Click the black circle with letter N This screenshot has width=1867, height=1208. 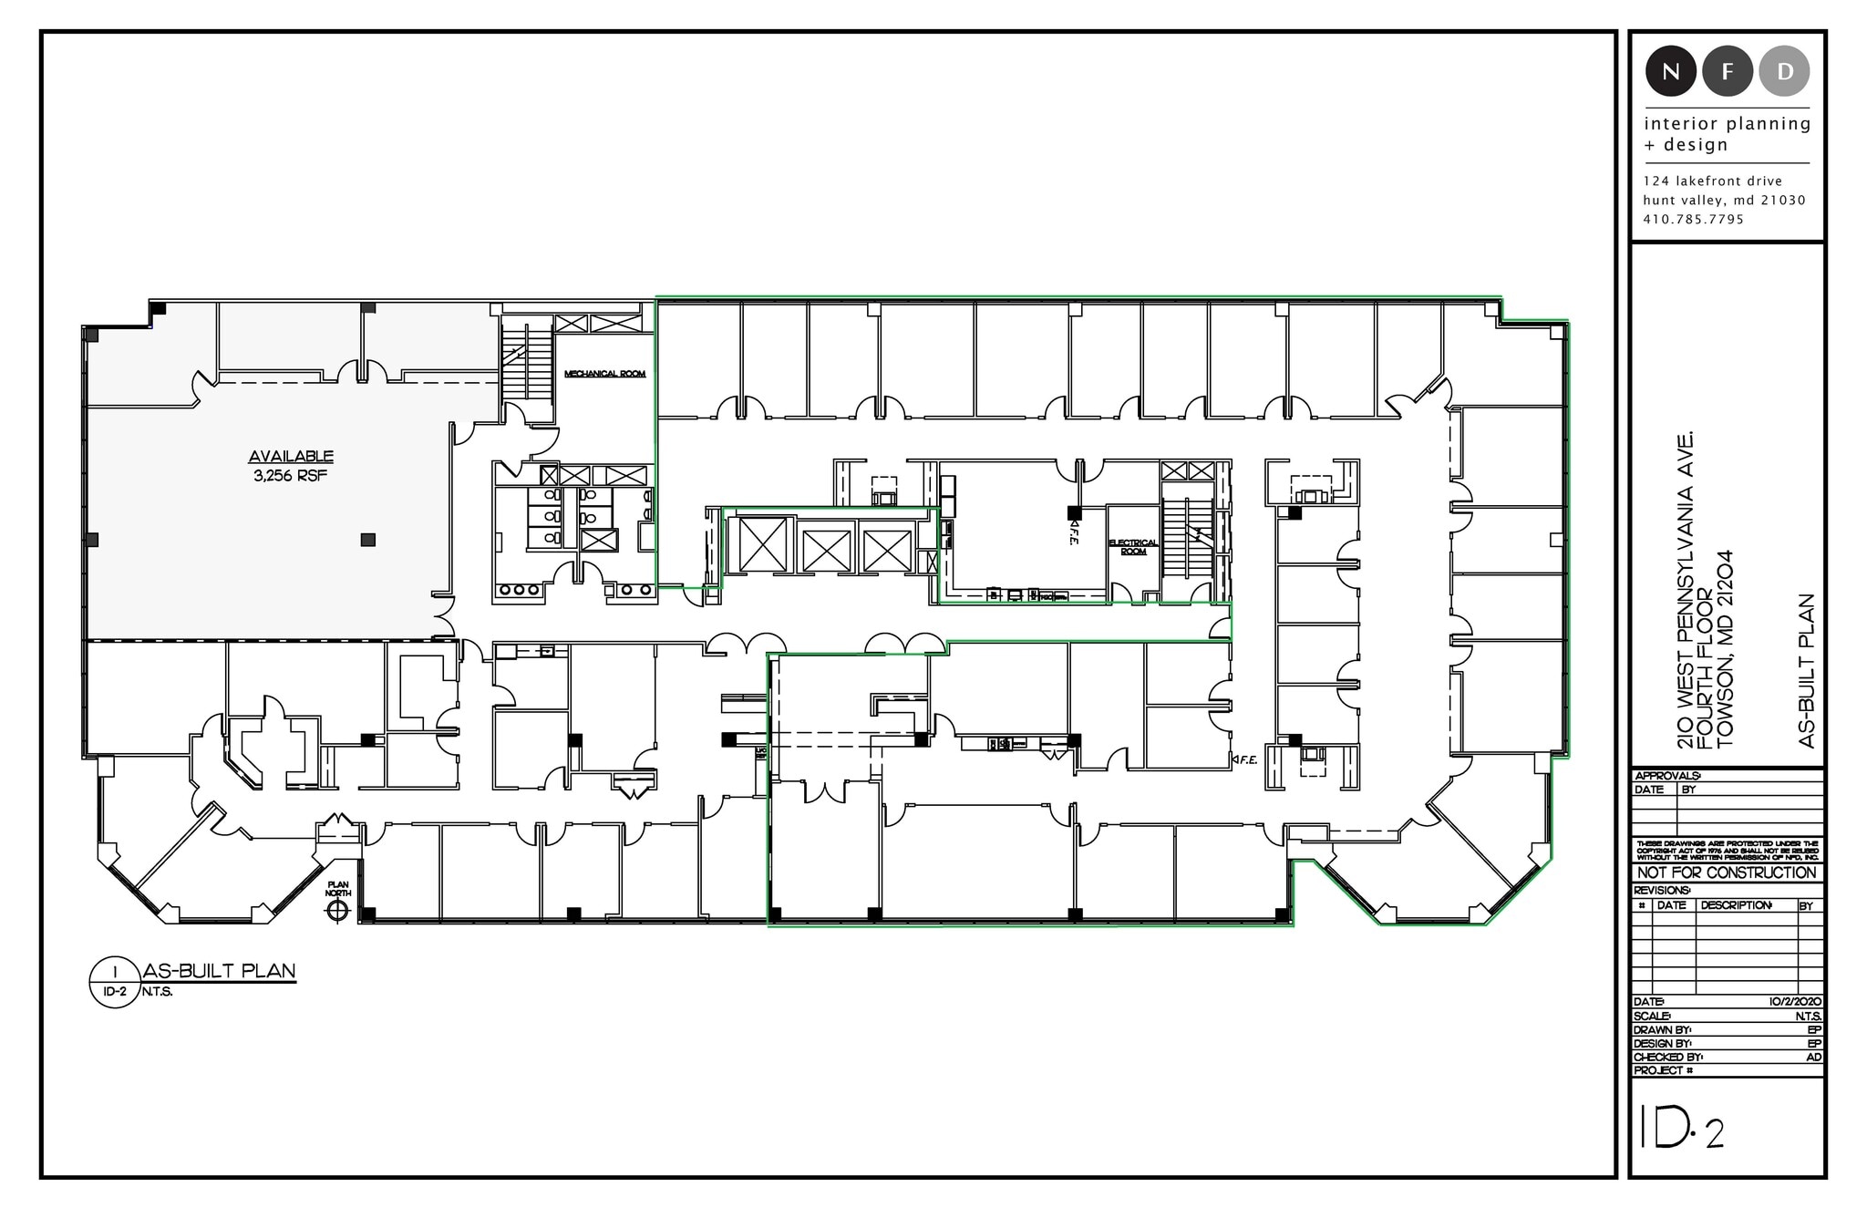(1670, 71)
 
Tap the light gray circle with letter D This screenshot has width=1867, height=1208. (1784, 71)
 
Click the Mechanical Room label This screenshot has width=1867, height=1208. (604, 374)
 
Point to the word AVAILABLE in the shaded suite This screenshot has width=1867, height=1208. (291, 457)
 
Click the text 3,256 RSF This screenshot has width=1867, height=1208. (291, 476)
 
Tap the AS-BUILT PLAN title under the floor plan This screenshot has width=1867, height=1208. (220, 972)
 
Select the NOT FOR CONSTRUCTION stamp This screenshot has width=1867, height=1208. (1727, 872)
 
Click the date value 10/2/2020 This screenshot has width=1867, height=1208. (1795, 1002)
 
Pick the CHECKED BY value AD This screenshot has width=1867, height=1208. (1813, 1057)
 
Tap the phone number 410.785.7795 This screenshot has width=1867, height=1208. (1694, 220)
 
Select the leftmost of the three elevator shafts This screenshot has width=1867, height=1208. (762, 545)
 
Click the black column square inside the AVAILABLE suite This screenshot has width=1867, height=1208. (367, 540)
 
